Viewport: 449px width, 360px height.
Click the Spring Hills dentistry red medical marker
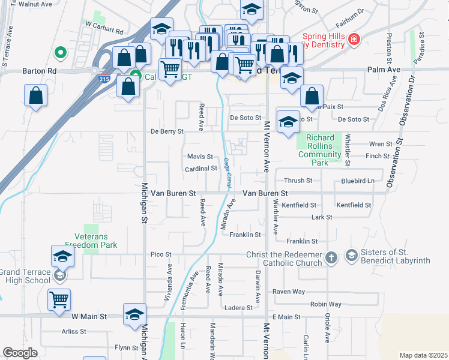pyautogui.click(x=354, y=40)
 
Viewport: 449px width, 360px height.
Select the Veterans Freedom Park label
pyautogui.click(x=91, y=240)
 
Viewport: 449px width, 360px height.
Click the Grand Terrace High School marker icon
pyautogui.click(x=59, y=275)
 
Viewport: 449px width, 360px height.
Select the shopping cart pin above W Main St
pyautogui.click(x=59, y=299)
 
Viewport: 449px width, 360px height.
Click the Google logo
pyautogui.click(x=20, y=353)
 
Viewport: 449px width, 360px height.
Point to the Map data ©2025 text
pyautogui.click(x=423, y=355)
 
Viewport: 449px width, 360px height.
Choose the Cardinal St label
pyautogui.click(x=200, y=169)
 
